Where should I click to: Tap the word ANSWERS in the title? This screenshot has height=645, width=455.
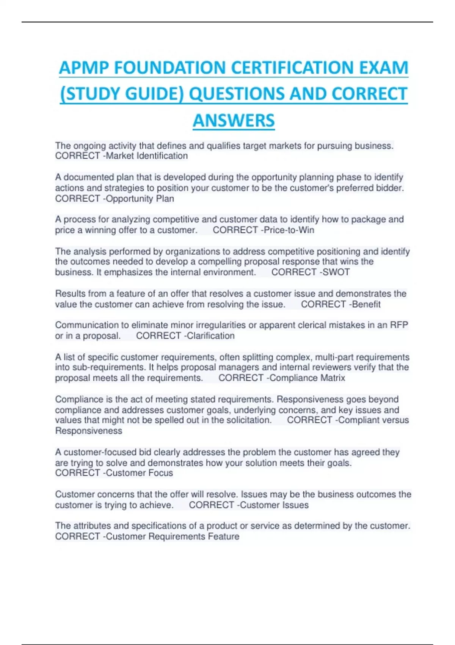(234, 121)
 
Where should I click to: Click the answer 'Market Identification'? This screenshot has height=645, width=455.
(146, 156)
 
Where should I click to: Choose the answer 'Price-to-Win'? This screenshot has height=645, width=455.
(289, 230)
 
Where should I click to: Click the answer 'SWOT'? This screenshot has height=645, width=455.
(336, 272)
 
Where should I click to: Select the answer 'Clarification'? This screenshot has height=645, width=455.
(210, 336)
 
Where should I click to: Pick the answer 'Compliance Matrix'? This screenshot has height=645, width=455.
(307, 378)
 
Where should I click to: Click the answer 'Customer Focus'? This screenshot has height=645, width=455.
(139, 473)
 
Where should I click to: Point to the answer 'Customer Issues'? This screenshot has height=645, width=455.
(274, 505)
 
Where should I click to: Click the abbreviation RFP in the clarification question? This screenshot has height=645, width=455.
(399, 325)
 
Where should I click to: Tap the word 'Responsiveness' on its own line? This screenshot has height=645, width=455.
(89, 431)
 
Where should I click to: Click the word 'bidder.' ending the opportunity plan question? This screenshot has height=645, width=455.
(390, 188)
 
